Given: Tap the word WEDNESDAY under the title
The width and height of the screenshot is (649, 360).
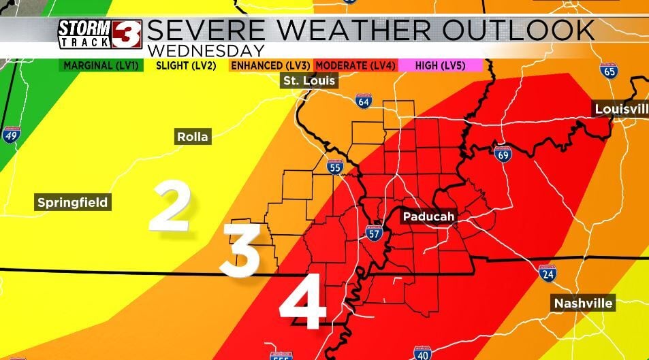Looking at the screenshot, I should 205,51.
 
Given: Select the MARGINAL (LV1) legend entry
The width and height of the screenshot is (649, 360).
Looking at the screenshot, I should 101,65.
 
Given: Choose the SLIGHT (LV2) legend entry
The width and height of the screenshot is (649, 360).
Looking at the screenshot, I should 186,65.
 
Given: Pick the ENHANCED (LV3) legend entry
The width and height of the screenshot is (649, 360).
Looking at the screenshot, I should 270,65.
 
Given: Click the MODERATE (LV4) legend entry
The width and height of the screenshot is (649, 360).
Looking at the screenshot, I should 355,65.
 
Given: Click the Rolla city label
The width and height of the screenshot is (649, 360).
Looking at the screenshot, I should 193,137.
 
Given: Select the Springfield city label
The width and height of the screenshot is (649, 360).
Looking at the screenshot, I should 72,202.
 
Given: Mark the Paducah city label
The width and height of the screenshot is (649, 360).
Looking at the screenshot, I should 428,216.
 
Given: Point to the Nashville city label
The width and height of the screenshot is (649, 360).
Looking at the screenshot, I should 583,303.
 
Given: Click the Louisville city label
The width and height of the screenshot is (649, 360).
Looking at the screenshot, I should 620,109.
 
